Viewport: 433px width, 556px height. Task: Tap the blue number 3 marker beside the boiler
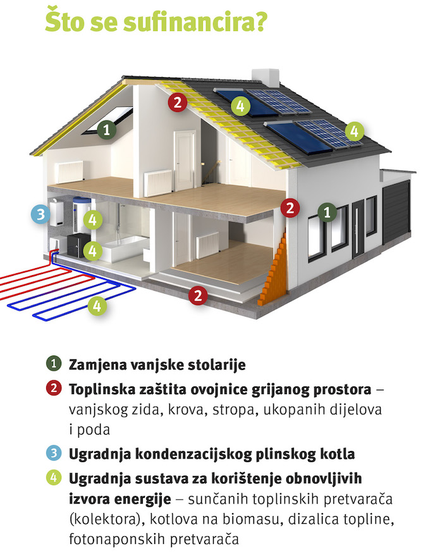click(40, 214)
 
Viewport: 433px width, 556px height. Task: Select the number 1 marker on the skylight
click(107, 130)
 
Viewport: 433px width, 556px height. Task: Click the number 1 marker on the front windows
click(327, 212)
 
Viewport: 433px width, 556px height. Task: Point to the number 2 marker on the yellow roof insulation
click(178, 102)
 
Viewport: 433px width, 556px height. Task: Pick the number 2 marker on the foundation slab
click(198, 295)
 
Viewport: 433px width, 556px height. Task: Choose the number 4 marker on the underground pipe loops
click(97, 306)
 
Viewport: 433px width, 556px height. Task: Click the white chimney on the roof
click(265, 78)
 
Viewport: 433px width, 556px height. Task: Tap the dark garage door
click(396, 212)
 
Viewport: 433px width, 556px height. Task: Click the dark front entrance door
click(358, 229)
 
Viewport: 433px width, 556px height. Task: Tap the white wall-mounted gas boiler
click(56, 213)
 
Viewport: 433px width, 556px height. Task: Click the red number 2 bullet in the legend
click(54, 388)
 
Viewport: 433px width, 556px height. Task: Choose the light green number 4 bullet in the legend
click(54, 478)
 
